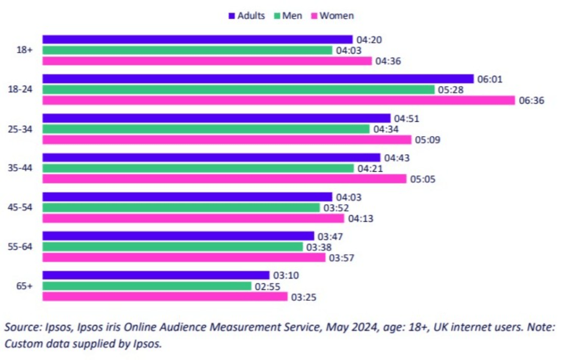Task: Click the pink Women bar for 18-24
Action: coord(279,100)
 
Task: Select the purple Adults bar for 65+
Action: coord(156,275)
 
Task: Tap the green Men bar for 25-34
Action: coord(206,129)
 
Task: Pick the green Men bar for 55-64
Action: coord(172,247)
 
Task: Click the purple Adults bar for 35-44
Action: coord(211,157)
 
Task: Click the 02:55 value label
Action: coord(267,286)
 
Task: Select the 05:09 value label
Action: coord(428,140)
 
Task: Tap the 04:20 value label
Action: coord(368,40)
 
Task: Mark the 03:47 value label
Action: coord(330,237)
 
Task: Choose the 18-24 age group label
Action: coord(23,89)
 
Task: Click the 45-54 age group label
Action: coord(23,207)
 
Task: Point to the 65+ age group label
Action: coord(25,286)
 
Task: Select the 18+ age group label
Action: coord(26,50)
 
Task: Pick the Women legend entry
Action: coord(332,15)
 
